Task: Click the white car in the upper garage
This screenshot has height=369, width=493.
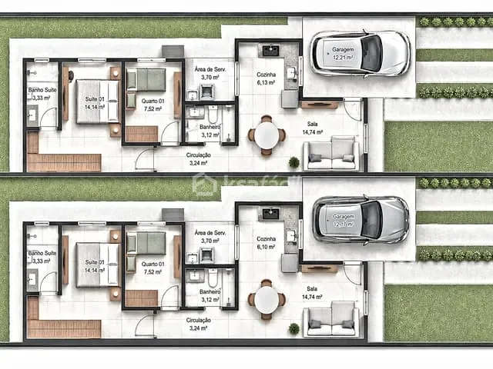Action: tap(361, 53)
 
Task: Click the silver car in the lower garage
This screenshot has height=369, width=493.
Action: tap(361, 219)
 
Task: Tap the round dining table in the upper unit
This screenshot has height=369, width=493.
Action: tap(267, 135)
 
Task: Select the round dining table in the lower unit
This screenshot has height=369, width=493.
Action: tap(267, 300)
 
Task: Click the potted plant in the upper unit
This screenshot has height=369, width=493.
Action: tap(293, 162)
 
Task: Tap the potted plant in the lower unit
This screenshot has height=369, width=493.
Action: tap(293, 328)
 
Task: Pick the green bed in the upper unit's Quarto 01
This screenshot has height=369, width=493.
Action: tap(146, 79)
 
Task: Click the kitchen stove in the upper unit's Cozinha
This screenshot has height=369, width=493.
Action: tap(270, 52)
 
